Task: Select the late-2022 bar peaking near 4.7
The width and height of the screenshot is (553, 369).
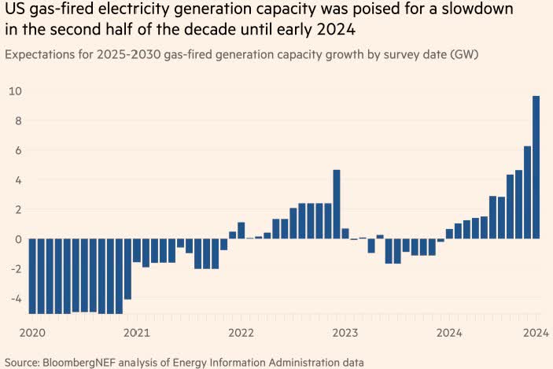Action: (x=336, y=204)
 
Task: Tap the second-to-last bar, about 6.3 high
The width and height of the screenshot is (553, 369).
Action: (x=527, y=192)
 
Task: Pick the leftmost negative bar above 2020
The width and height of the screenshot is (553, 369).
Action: (x=33, y=276)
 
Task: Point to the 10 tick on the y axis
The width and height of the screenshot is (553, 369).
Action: (x=14, y=91)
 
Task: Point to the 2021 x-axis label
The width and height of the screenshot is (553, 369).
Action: (x=135, y=334)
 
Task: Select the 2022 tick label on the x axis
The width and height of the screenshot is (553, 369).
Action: (x=240, y=334)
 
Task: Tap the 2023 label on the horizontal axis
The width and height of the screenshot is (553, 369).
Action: (x=345, y=334)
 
